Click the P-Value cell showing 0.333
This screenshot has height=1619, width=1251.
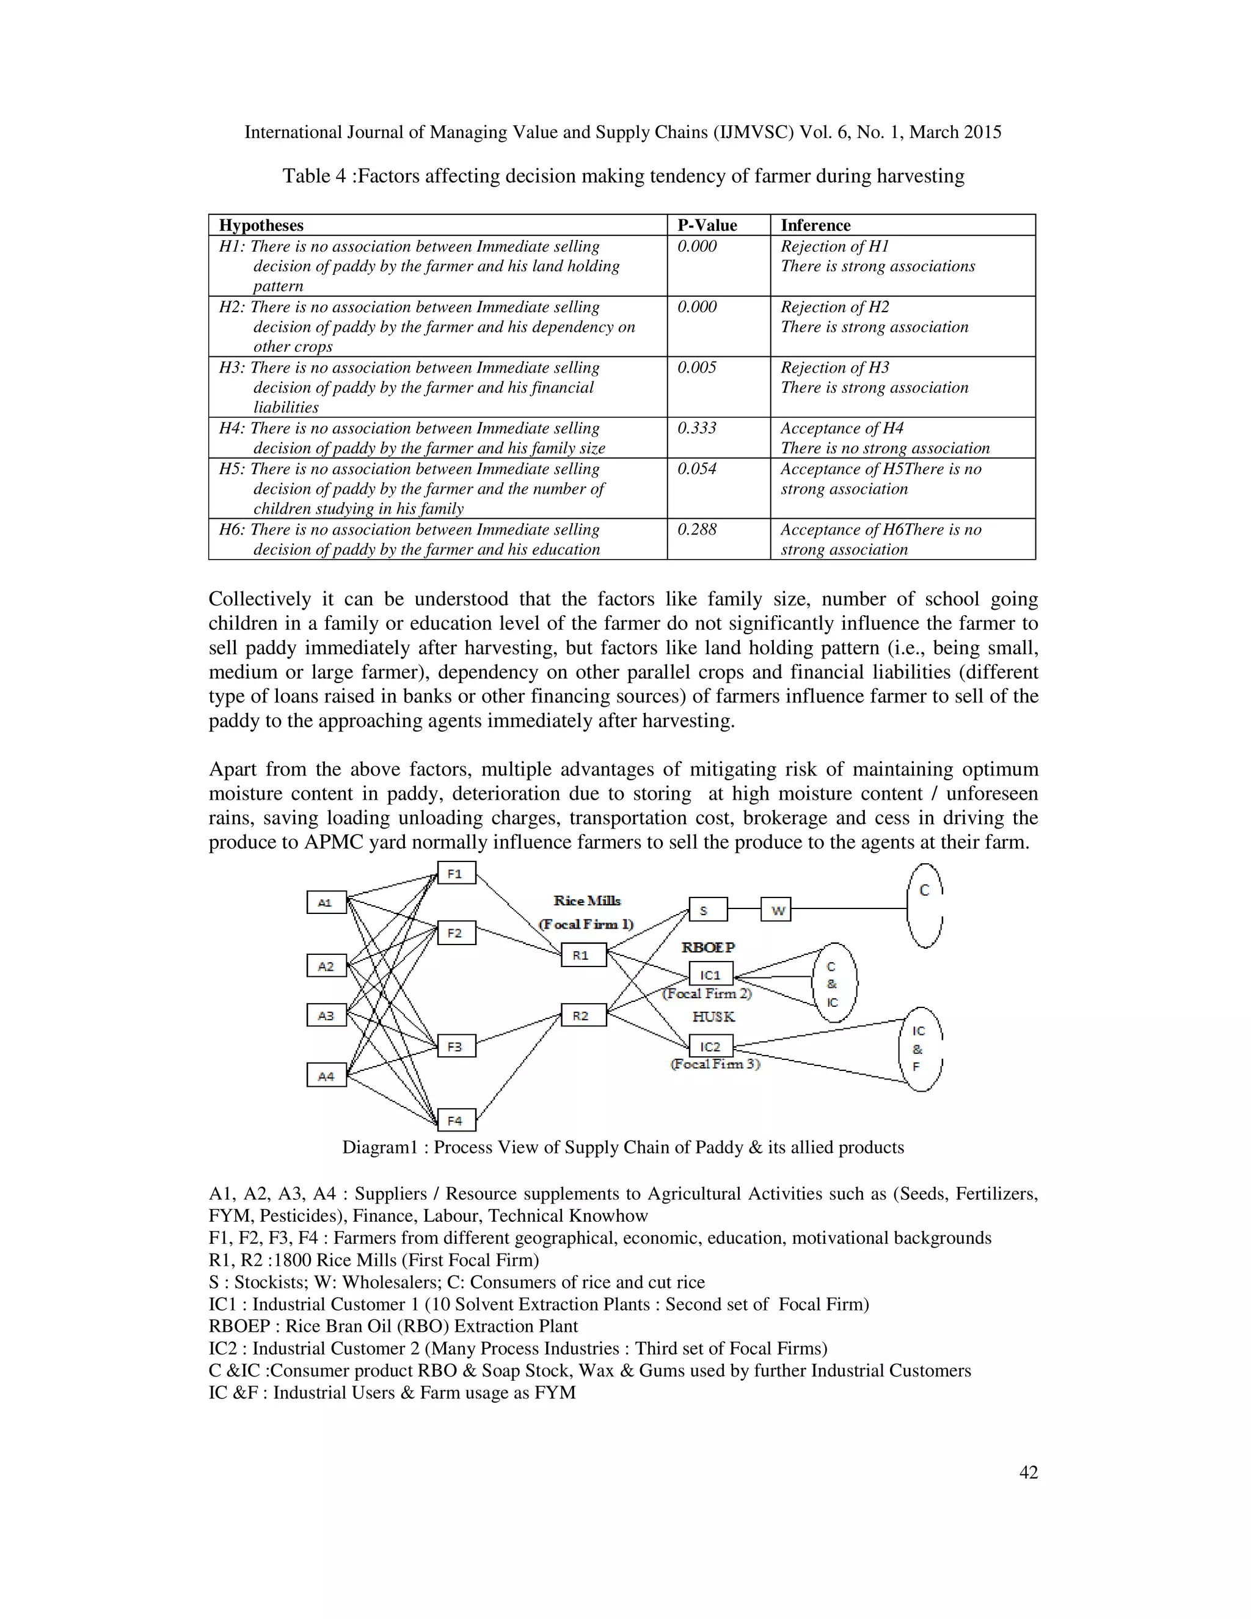point(696,428)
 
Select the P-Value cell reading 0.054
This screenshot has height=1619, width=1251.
point(696,469)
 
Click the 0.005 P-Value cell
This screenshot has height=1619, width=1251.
point(696,368)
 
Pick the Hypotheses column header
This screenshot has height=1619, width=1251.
point(261,225)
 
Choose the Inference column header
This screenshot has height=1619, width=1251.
point(815,225)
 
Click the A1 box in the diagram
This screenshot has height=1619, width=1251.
point(326,902)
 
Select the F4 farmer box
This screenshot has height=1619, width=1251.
point(456,1120)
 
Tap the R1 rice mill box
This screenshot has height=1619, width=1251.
point(583,955)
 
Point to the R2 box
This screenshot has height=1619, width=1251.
point(583,1015)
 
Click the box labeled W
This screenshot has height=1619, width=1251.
point(776,910)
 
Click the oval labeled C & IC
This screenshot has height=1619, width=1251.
point(834,984)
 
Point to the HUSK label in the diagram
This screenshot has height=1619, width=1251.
point(713,1017)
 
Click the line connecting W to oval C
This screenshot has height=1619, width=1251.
point(848,909)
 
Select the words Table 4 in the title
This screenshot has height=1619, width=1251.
point(313,177)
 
